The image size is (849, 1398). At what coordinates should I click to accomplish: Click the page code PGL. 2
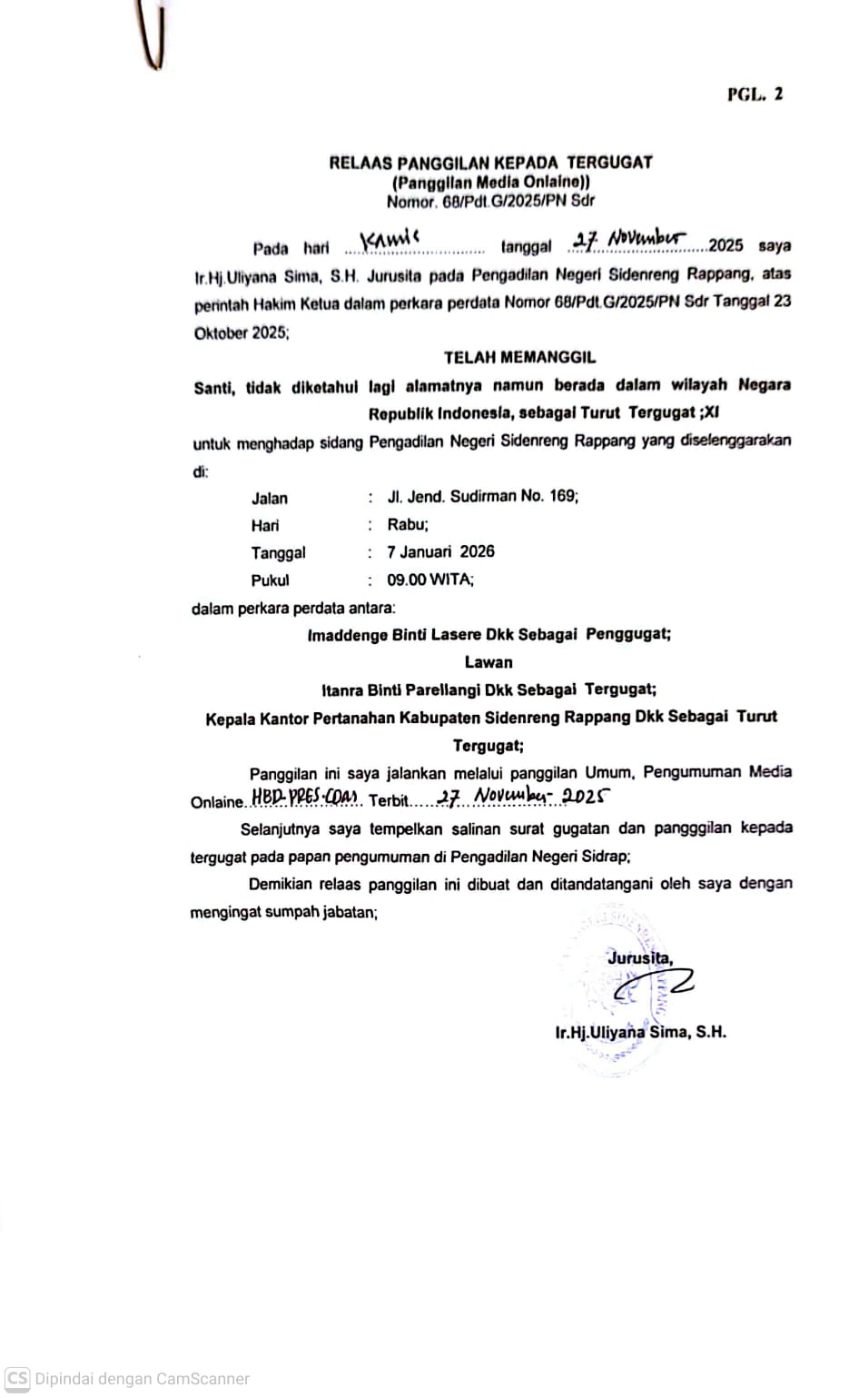(755, 94)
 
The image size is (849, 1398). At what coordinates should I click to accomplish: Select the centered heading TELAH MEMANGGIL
(519, 357)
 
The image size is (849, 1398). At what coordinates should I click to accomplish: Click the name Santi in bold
(213, 387)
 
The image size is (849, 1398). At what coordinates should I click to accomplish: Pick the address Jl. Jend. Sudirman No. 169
(482, 496)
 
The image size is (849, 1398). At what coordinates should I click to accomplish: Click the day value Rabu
(407, 524)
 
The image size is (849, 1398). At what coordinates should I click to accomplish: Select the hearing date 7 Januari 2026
(440, 551)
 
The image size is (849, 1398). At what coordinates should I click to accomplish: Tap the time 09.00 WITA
(429, 580)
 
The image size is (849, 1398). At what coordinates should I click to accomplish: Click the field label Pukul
(270, 580)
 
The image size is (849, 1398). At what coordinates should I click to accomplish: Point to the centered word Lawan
(489, 662)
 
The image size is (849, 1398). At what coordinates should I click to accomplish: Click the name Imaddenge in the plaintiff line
(348, 635)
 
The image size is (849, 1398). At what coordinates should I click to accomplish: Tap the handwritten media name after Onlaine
(304, 798)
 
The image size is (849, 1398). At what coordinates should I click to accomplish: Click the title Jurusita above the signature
(640, 957)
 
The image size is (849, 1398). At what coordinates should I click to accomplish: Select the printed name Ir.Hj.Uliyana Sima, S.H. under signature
(640, 1032)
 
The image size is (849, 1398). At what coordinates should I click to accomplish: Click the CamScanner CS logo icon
(17, 1378)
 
